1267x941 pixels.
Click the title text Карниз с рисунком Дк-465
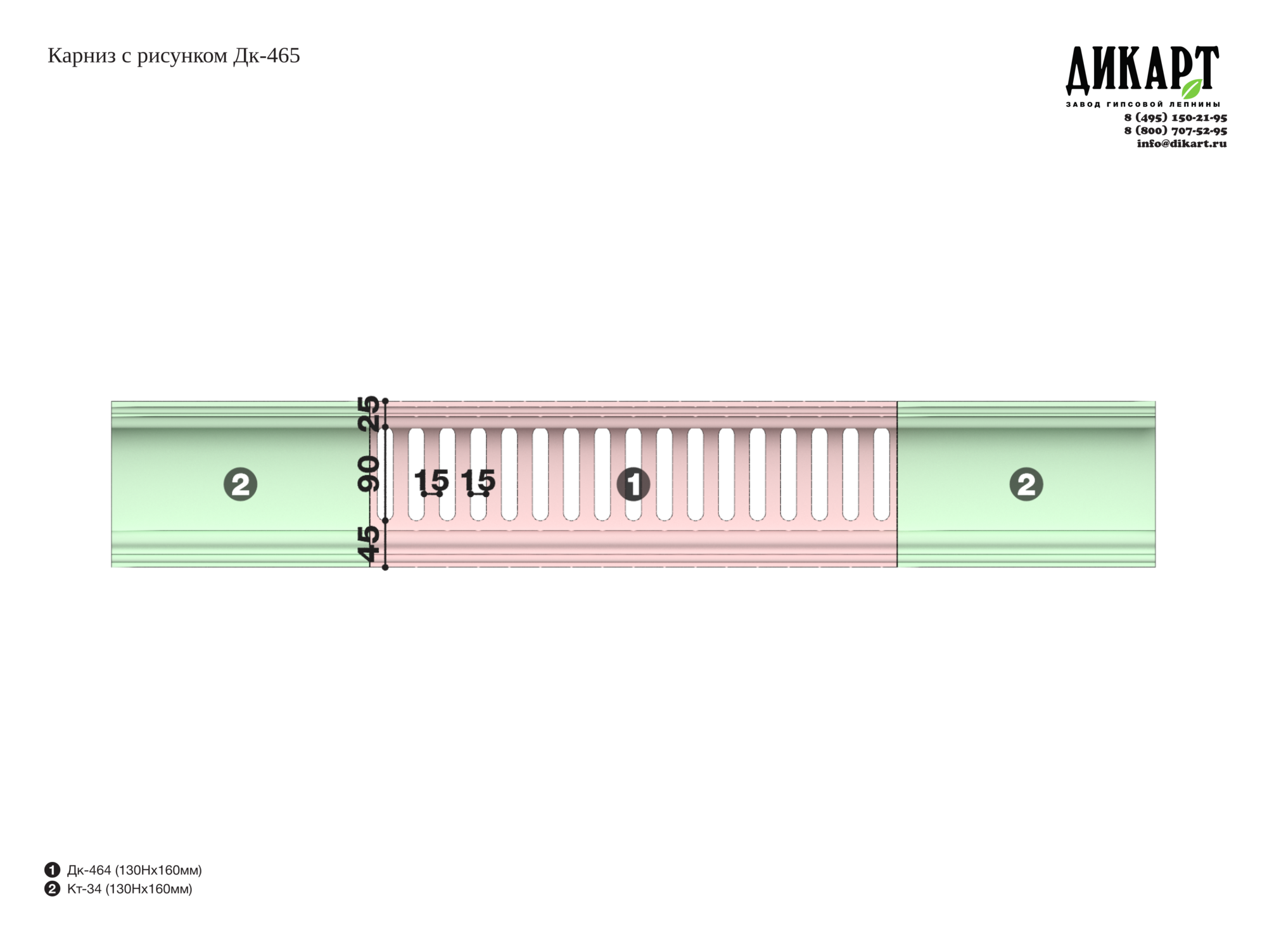click(x=174, y=56)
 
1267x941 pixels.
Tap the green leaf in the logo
click(x=1192, y=89)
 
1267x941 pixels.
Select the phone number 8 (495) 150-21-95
click(x=1175, y=118)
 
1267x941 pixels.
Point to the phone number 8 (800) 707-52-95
click(x=1175, y=130)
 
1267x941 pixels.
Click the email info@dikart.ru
click(x=1181, y=143)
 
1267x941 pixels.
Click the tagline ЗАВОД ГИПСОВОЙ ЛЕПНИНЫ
click(x=1143, y=104)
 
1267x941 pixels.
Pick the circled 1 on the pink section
click(x=633, y=484)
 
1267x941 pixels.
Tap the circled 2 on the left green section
click(x=240, y=484)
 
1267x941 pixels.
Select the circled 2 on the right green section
click(x=1026, y=484)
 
